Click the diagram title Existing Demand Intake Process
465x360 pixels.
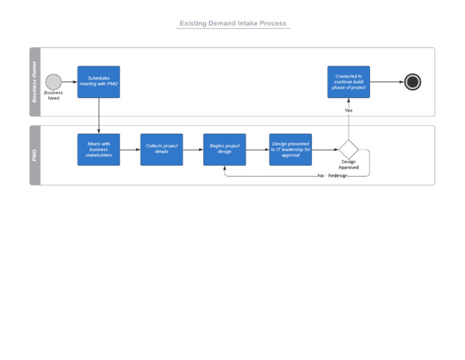(233, 24)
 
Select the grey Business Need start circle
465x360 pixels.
(53, 82)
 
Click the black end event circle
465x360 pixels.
(412, 82)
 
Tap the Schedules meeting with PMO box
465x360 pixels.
(99, 82)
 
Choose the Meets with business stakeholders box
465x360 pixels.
(99, 150)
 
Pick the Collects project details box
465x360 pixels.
(162, 150)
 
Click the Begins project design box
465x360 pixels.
(225, 150)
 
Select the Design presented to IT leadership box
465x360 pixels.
(291, 150)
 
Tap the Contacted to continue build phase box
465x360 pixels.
(349, 82)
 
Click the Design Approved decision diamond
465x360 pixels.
(349, 149)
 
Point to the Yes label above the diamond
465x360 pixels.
(349, 111)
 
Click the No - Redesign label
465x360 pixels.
(332, 176)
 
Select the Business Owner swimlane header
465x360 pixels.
(35, 82)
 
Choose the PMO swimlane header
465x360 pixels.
(35, 155)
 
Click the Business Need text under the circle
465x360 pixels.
(53, 96)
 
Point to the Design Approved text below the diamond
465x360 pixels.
(349, 165)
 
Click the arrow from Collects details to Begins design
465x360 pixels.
(193, 149)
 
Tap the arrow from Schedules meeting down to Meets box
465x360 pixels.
(99, 116)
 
